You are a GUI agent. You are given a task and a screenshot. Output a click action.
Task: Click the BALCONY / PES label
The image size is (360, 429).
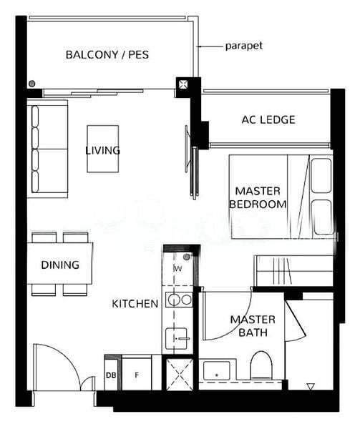pos(107,54)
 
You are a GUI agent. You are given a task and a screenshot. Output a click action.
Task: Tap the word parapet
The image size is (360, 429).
pos(243,46)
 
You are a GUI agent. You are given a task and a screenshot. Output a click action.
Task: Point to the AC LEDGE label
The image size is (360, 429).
pos(268,119)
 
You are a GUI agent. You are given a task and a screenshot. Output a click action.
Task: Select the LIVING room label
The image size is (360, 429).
pos(102,150)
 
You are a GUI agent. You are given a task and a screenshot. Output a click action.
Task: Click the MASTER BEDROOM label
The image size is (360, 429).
pos(258,197)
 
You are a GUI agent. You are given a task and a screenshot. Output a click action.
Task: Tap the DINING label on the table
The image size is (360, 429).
pos(60,265)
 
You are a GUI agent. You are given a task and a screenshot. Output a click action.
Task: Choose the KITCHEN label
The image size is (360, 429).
pos(135,304)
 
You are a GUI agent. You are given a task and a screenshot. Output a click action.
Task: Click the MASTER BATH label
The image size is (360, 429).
pos(253,326)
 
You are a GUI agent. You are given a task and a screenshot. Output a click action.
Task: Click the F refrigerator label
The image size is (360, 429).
pos(137,375)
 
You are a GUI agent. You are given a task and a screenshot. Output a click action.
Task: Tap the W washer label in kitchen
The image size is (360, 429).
pos(178,269)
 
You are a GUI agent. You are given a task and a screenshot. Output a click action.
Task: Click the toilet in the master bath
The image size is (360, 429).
pos(261,365)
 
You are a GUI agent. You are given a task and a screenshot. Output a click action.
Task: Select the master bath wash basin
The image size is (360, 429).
pos(216,370)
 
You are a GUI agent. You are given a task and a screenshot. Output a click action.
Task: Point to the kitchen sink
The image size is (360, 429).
pos(177,338)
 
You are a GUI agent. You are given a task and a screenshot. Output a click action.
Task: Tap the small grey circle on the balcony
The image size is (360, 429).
pos(32,84)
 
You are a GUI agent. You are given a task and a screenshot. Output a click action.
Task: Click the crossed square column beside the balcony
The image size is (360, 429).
pos(183,84)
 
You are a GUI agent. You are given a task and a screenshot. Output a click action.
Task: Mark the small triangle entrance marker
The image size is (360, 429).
pos(310,387)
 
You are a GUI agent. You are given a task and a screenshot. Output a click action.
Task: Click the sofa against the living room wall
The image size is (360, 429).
pos(47,149)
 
